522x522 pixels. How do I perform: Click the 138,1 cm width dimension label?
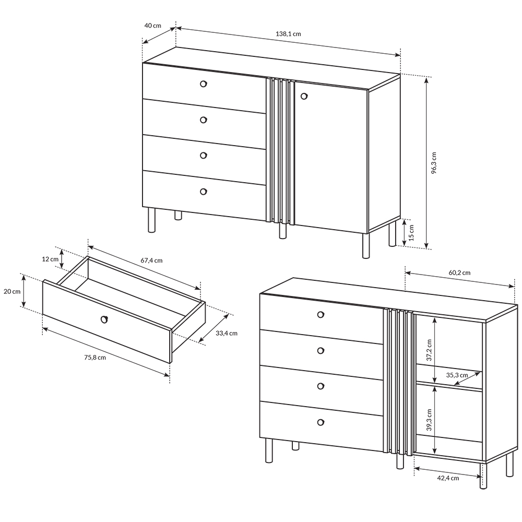(x=288, y=33)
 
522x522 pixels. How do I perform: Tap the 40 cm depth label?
(x=153, y=25)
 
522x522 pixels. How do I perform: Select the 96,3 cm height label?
(x=433, y=163)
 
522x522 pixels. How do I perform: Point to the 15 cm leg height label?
(x=411, y=232)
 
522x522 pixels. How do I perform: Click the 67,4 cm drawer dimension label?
(x=151, y=260)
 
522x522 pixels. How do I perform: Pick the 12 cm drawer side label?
(x=50, y=259)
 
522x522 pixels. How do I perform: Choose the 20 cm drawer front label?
(x=12, y=292)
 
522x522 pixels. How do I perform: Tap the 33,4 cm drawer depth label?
(x=227, y=333)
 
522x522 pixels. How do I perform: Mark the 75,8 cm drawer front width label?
(x=95, y=358)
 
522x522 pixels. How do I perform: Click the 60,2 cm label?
(x=459, y=272)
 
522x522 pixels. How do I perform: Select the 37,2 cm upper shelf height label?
(x=429, y=350)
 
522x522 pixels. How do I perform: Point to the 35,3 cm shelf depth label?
(x=457, y=375)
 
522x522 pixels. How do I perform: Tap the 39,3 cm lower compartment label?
(x=429, y=420)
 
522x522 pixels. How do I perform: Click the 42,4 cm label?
(x=448, y=478)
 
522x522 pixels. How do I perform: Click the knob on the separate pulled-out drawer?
(x=104, y=319)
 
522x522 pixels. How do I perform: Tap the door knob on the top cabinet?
(x=304, y=96)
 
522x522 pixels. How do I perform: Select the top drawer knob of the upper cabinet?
(x=204, y=84)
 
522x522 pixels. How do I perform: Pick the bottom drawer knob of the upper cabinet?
(x=204, y=192)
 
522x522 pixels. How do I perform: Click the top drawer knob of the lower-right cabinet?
(x=321, y=314)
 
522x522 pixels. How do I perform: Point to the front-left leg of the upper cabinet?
(x=152, y=220)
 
